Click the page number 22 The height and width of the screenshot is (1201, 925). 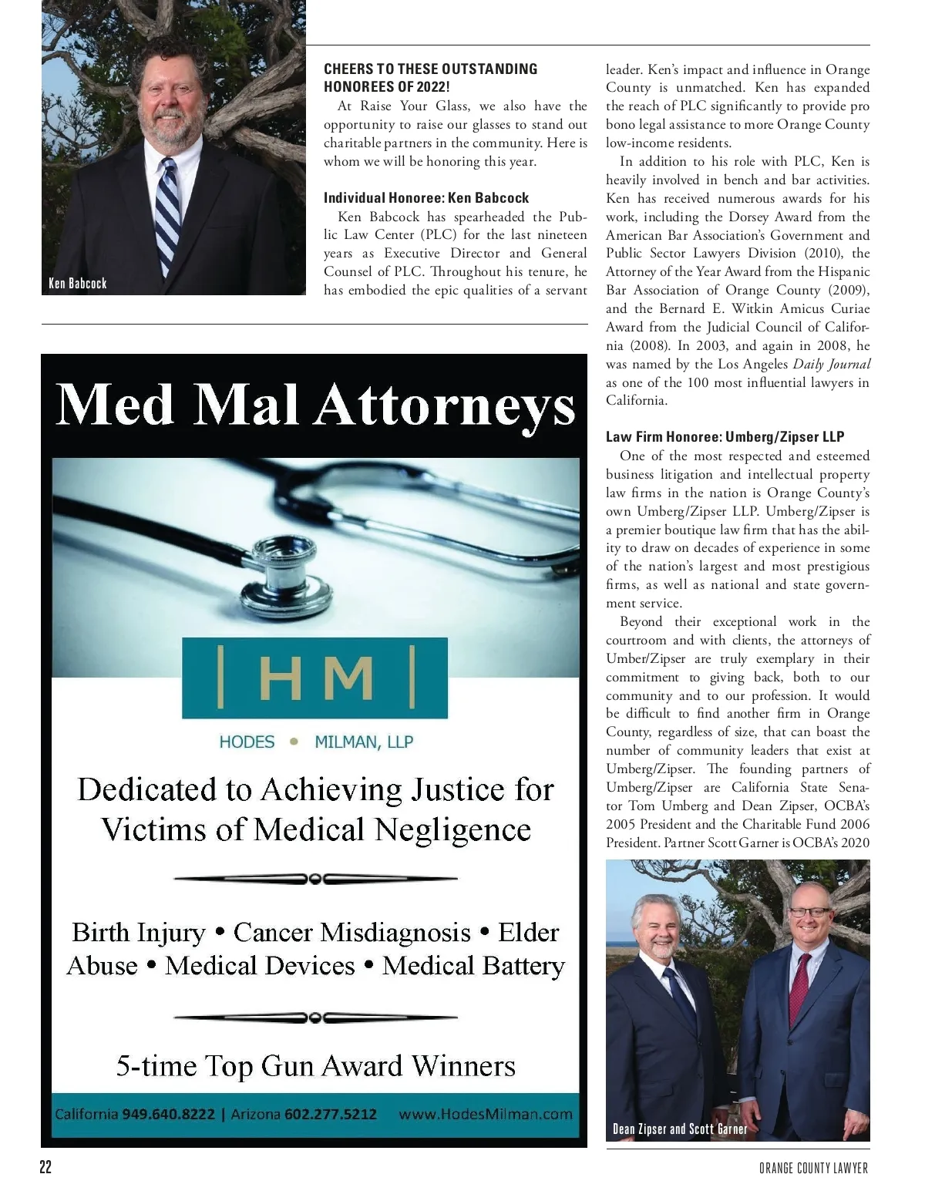45,1167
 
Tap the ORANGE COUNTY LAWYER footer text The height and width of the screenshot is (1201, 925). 813,1168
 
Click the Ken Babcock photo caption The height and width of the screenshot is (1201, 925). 77,283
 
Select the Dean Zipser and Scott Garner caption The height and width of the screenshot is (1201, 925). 680,1129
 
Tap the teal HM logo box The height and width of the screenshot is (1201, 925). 314,678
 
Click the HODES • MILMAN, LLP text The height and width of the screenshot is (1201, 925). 316,742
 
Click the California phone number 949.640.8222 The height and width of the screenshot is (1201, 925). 168,1114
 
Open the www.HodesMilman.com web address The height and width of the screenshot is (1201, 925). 485,1114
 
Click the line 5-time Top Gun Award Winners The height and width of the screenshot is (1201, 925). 315,1065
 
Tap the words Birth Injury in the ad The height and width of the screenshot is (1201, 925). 139,932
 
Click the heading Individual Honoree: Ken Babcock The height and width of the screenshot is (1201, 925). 426,198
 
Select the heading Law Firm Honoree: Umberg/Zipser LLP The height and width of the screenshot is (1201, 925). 725,437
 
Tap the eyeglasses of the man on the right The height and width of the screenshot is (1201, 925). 809,912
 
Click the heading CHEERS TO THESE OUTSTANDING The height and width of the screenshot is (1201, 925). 430,69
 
